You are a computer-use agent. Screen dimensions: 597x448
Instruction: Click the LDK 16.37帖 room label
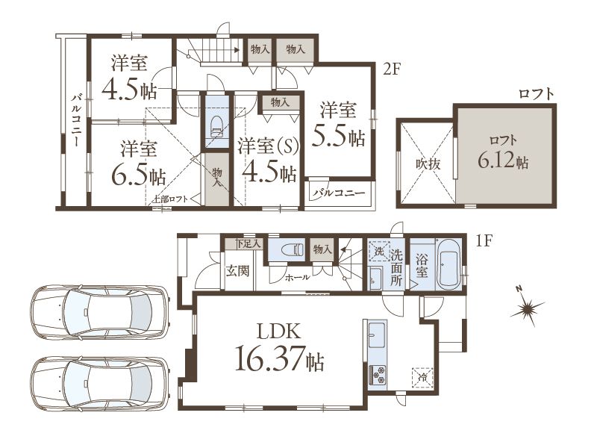279,346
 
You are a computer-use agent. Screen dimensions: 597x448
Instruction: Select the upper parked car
101,312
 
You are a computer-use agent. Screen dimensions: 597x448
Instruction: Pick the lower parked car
101,384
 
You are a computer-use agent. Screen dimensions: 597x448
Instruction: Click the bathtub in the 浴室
448,265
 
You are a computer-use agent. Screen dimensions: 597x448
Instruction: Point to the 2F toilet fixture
217,126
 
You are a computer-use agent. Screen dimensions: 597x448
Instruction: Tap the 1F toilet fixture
293,250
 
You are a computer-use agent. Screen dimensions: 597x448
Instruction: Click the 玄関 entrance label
238,271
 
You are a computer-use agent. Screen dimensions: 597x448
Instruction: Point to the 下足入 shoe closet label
248,244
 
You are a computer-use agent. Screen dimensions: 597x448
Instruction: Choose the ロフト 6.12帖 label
503,152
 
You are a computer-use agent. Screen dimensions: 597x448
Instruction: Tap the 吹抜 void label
428,164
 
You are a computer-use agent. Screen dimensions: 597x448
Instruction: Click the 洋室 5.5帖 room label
338,124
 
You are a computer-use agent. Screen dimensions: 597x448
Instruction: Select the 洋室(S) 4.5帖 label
269,160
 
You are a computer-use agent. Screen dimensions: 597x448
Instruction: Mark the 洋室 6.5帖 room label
139,162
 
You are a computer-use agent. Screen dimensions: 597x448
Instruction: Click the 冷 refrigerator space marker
422,378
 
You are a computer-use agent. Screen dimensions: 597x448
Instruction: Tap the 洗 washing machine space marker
379,251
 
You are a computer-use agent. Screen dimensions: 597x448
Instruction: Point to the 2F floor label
391,69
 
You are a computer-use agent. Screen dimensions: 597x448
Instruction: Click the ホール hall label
297,277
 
